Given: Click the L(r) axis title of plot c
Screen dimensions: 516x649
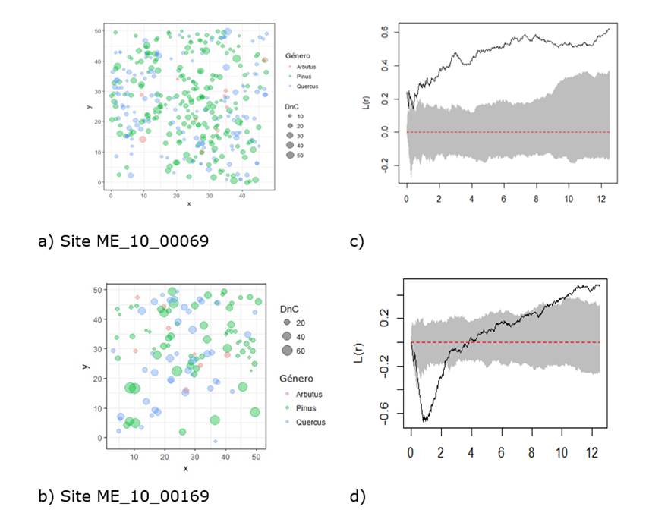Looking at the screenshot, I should point(365,100).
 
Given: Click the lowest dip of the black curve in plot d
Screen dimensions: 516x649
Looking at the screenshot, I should point(425,420).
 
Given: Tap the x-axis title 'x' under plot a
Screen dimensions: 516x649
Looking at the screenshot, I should point(188,203).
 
